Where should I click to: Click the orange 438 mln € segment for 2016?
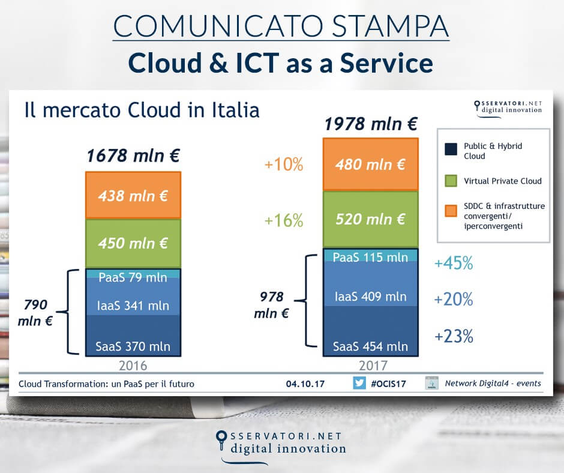coord(133,195)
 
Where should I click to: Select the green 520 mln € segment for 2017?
coord(370,219)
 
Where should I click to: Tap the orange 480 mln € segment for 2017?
coord(370,164)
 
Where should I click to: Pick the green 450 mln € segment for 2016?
coord(133,243)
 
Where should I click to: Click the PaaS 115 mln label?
coord(370,257)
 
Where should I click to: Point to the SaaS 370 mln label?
coord(133,346)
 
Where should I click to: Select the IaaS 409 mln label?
coord(370,296)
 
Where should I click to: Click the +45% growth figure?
coord(453,264)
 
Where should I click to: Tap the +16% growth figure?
coord(283,220)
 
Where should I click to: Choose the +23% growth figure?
coord(453,336)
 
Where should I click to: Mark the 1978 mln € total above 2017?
coord(371,125)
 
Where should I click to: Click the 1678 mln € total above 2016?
coord(133,157)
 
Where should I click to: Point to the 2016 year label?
coord(133,366)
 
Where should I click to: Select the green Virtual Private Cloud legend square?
coord(449,180)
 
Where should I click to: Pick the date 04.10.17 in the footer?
coord(305,384)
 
